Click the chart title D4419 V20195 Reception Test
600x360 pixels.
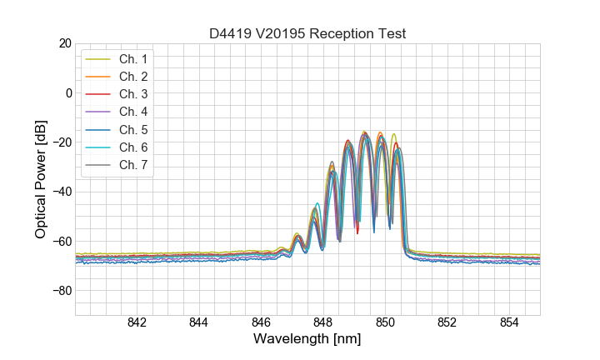(x=307, y=33)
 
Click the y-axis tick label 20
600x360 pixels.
(x=64, y=43)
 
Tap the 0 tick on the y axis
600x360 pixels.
(x=68, y=92)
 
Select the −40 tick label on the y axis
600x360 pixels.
(x=61, y=192)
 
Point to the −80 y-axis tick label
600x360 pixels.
(x=61, y=291)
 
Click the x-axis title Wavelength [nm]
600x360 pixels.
(x=307, y=340)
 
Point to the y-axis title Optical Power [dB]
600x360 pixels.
(x=41, y=179)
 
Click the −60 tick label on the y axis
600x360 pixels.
(x=61, y=242)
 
